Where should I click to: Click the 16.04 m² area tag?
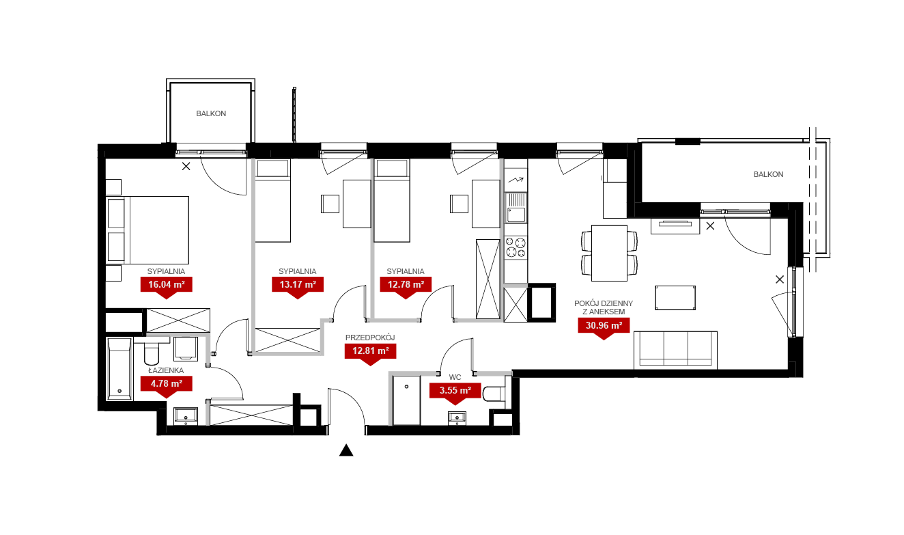point(167,284)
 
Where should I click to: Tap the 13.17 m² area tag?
point(298,284)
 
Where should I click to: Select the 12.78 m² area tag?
point(406,284)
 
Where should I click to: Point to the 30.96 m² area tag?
point(604,325)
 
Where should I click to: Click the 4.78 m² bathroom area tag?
point(167,383)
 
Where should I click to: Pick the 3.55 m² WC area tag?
point(455,390)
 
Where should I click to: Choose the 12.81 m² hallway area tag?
point(371,351)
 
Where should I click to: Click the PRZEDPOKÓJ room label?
point(370,338)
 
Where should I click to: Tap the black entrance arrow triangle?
point(346,450)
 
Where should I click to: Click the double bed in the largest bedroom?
point(147,230)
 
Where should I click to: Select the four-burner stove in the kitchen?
point(515,247)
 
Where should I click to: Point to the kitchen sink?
point(516,208)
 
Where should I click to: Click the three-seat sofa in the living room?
point(675,350)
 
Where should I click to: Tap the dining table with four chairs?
point(610,253)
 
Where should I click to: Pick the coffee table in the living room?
point(675,298)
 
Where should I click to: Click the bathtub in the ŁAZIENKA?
point(119,369)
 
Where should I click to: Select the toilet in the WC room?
point(494,394)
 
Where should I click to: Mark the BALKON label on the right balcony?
point(768,174)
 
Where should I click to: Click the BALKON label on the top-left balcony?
point(211,114)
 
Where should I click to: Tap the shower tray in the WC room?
point(407,400)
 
